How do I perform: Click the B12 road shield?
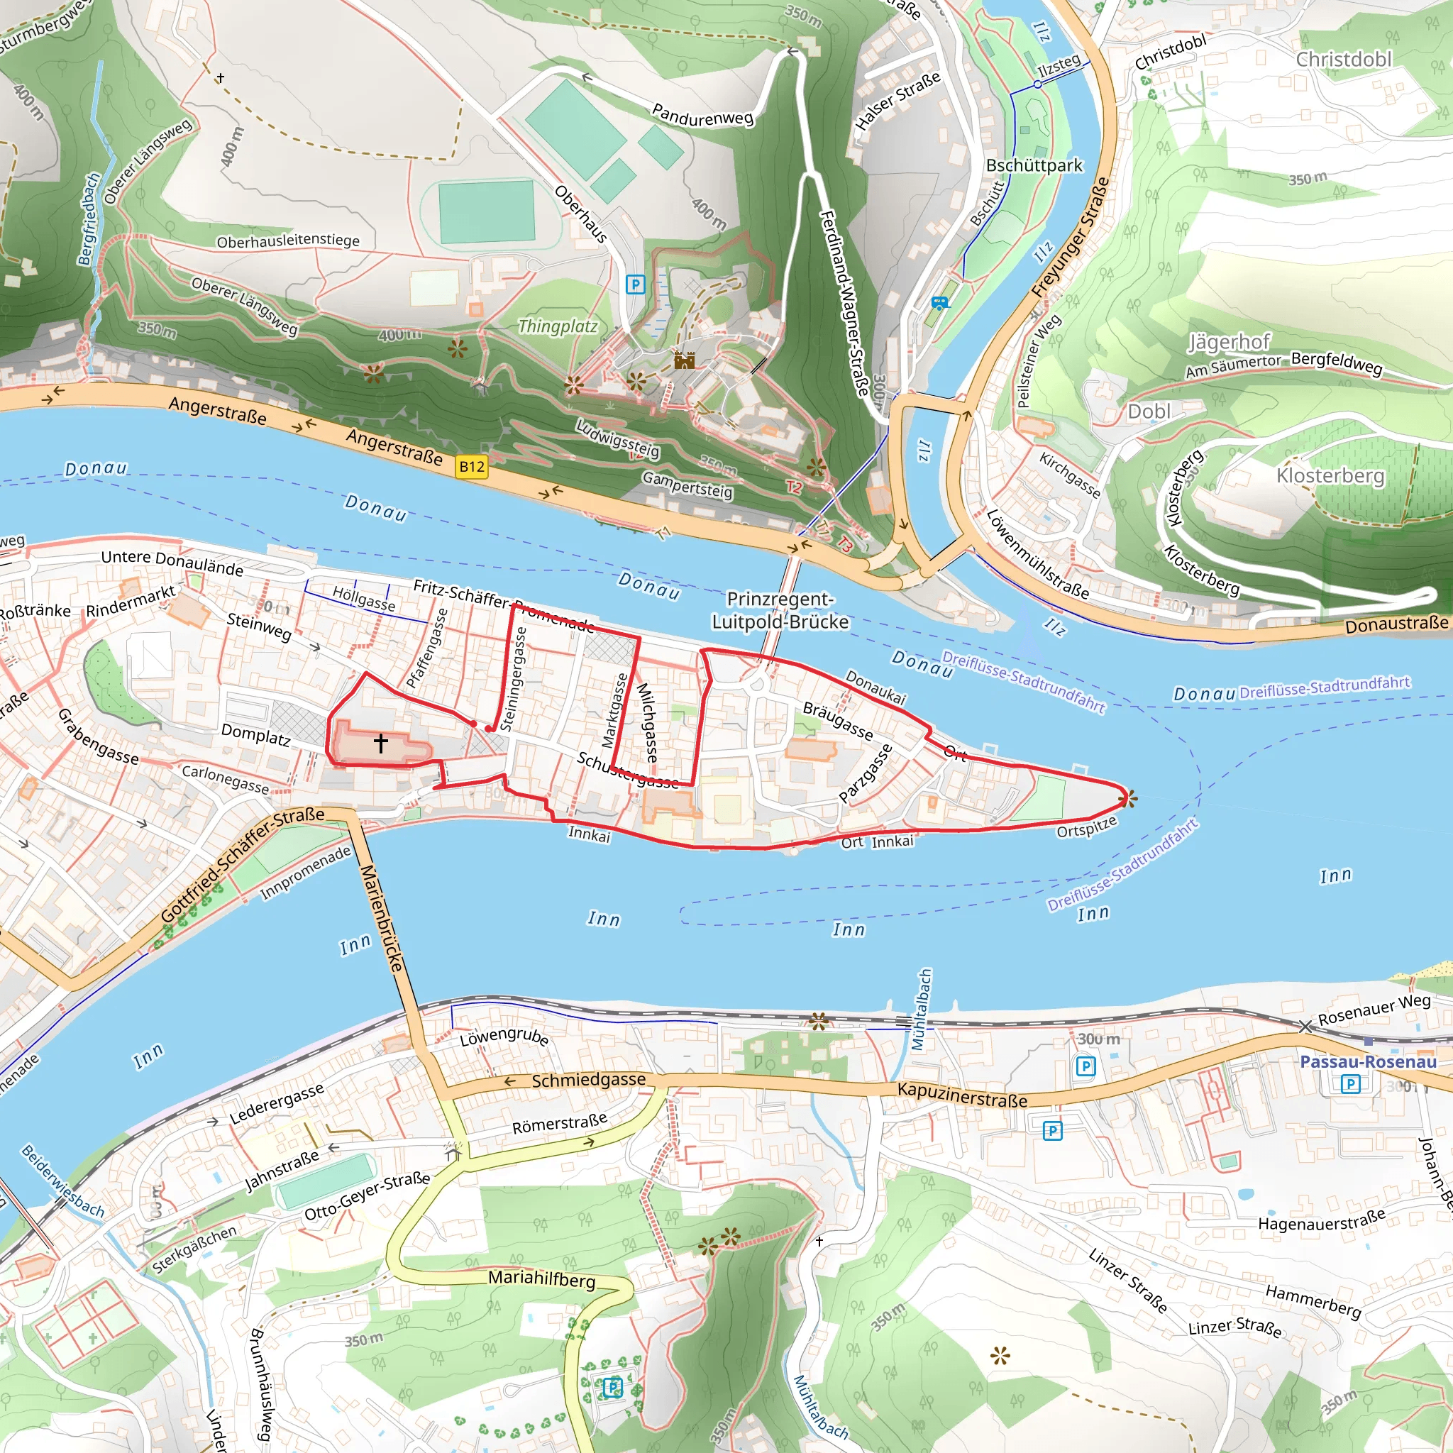(472, 466)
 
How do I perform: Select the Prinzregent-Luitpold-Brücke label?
(780, 610)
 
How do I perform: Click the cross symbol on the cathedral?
(380, 743)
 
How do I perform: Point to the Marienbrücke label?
(382, 917)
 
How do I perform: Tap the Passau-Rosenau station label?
(1368, 1061)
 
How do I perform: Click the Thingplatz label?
(557, 326)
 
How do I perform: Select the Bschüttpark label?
(1034, 165)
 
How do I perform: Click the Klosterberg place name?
(1330, 475)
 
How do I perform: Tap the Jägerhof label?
(1229, 342)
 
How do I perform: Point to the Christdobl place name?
(1343, 59)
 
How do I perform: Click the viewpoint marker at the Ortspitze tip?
(1127, 799)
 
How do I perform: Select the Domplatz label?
(255, 734)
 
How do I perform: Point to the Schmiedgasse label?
(588, 1080)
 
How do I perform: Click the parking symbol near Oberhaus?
(636, 284)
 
